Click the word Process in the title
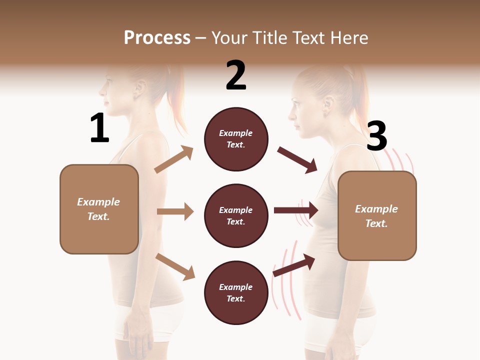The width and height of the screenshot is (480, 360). [x=157, y=38]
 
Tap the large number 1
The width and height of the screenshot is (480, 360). [x=99, y=128]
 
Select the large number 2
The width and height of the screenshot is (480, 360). [x=236, y=75]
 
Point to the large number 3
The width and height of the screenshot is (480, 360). [x=376, y=136]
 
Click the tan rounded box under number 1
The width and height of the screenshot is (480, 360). [x=99, y=209]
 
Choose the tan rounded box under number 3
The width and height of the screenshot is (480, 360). [x=377, y=215]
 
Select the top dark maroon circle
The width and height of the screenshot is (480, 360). [x=236, y=139]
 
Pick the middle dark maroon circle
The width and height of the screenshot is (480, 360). [x=236, y=215]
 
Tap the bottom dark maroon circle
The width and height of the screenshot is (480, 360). [x=236, y=292]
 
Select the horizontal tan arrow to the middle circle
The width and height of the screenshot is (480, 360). [x=175, y=211]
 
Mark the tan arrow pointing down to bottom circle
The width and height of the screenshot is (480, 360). [x=175, y=266]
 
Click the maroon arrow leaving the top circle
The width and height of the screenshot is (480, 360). [x=297, y=160]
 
